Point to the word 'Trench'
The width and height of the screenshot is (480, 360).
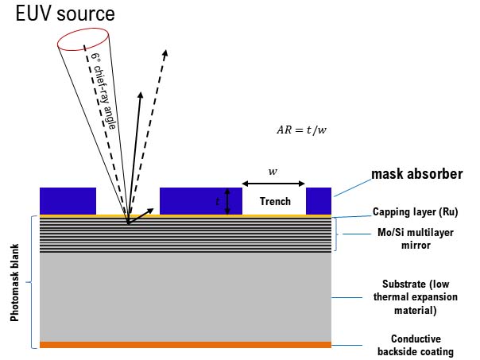(x=275, y=201)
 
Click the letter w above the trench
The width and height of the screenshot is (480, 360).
(x=273, y=170)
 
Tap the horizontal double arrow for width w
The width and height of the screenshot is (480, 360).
(x=273, y=184)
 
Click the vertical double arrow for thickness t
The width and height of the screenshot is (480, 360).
(x=228, y=201)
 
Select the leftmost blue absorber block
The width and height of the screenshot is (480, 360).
(x=68, y=200)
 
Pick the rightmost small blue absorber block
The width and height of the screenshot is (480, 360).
(x=319, y=200)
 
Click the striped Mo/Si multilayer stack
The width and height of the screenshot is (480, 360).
(x=185, y=235)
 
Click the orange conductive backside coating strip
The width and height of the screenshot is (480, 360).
(x=185, y=345)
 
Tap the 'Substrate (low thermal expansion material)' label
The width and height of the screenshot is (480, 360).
(x=411, y=297)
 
